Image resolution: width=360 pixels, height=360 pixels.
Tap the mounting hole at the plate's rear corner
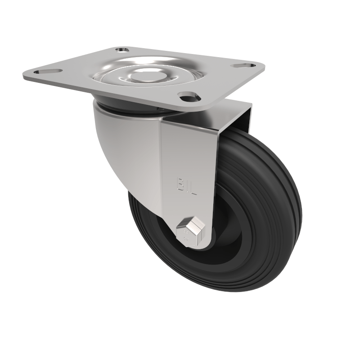(121, 50)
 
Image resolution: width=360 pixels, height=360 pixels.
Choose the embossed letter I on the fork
(186, 184)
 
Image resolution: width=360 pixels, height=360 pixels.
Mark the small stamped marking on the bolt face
(185, 234)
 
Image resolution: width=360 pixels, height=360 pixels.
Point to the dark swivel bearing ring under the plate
(130, 109)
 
